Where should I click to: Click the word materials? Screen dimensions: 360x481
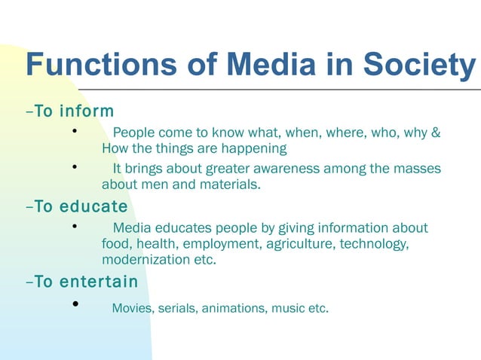[228, 184]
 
